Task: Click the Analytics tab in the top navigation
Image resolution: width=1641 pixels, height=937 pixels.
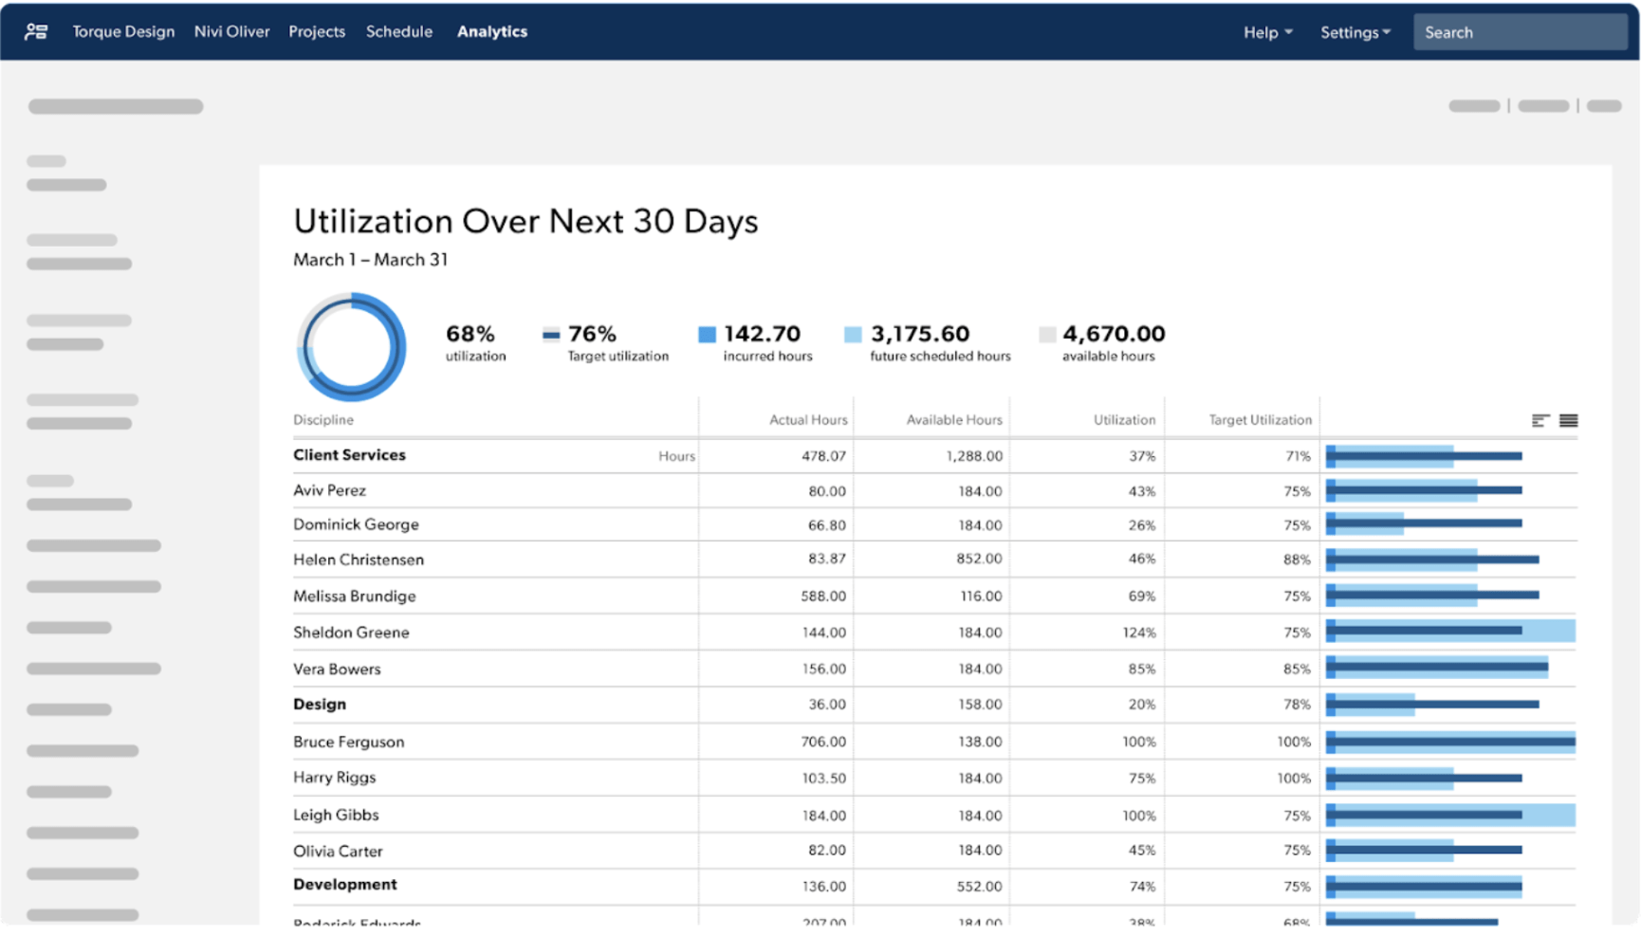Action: click(491, 31)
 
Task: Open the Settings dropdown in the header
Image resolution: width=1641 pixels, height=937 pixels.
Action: click(1355, 32)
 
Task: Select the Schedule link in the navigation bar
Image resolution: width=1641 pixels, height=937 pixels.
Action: click(398, 31)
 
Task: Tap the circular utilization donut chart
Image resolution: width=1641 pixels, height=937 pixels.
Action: click(351, 347)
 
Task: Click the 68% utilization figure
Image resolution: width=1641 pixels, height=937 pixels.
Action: click(470, 334)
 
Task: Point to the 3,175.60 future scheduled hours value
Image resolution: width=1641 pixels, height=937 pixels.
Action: click(919, 334)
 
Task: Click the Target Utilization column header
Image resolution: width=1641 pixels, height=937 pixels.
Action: click(1259, 419)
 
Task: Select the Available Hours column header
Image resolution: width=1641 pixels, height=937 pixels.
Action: click(953, 419)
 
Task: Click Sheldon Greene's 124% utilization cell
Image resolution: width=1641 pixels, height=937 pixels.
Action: click(1138, 633)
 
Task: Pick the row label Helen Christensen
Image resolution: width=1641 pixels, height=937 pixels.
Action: click(358, 560)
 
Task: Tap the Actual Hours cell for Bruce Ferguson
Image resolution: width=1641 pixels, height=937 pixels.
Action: click(822, 742)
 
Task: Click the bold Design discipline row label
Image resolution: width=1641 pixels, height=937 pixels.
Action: click(320, 705)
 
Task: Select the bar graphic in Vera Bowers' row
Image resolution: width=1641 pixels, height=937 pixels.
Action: click(1437, 669)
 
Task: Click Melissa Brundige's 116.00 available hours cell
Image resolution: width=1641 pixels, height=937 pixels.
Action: click(980, 597)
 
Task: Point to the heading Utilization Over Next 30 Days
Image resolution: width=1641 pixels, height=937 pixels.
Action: click(525, 221)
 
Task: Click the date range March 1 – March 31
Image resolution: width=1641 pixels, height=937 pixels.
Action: click(370, 260)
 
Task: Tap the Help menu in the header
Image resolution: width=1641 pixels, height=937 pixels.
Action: click(1267, 32)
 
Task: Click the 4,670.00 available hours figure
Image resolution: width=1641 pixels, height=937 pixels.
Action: click(1113, 334)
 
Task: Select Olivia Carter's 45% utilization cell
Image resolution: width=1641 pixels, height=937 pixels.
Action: click(1141, 851)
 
